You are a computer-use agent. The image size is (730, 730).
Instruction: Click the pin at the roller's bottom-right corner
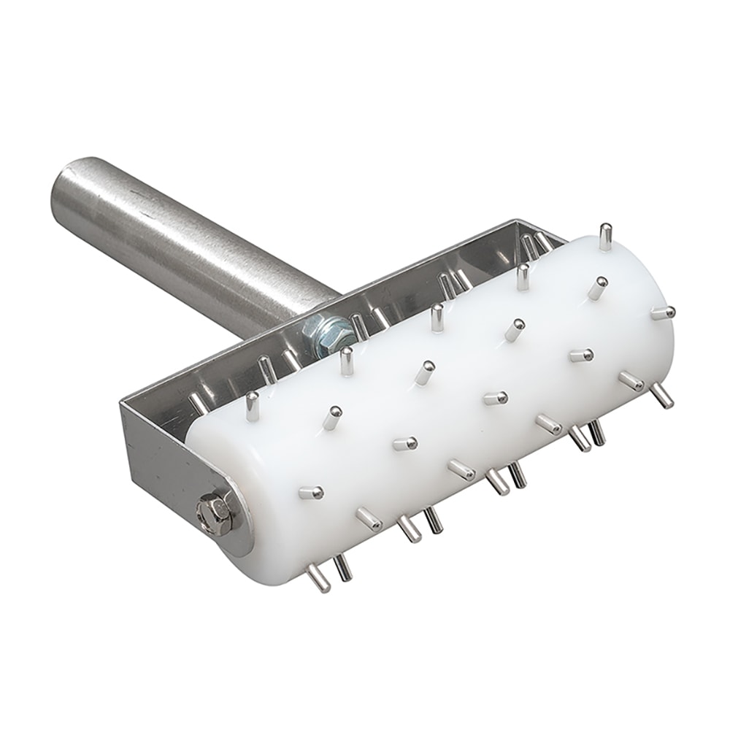point(661,395)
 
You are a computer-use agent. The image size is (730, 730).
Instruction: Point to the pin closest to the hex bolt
point(311,493)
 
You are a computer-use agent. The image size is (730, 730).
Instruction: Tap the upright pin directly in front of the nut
point(347,361)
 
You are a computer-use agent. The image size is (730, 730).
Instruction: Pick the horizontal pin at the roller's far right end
point(663,312)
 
